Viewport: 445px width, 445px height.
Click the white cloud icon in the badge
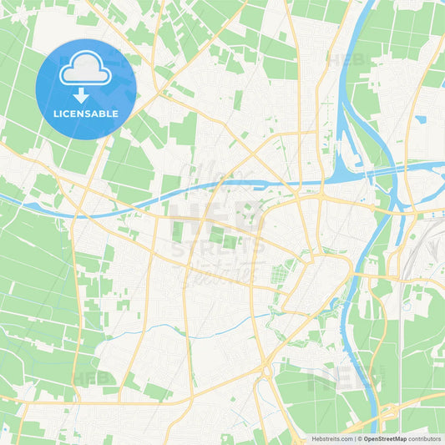(x=86, y=72)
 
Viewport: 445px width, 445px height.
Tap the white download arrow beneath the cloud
(x=86, y=94)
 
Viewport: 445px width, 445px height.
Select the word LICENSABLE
(x=86, y=114)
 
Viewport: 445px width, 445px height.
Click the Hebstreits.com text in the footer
(x=331, y=438)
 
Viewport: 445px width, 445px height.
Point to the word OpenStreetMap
(x=384, y=438)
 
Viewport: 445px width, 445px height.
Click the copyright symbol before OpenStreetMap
(x=360, y=438)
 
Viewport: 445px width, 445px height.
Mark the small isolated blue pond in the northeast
(x=419, y=119)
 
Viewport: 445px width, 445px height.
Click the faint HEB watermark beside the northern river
(x=344, y=60)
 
